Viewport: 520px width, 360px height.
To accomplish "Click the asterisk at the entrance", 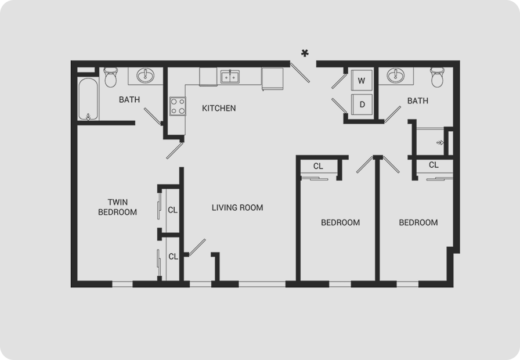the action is (305, 53).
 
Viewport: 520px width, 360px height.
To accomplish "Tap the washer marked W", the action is (362, 80).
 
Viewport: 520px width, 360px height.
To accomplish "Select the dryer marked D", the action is (362, 104).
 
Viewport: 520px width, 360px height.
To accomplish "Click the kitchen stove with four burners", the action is (178, 106).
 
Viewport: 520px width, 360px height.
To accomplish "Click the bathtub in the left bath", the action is (88, 99).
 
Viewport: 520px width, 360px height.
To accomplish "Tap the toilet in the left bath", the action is (110, 77).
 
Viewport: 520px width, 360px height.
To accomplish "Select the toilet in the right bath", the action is (438, 77).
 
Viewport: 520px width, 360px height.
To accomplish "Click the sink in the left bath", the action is (145, 75).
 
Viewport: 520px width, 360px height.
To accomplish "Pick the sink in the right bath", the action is (396, 75).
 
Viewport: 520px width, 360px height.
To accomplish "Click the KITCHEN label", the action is (219, 108).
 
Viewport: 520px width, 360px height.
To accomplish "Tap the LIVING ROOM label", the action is (237, 208).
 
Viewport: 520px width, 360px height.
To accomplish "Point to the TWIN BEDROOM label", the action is (117, 207).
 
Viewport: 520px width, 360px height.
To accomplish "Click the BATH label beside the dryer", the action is (417, 100).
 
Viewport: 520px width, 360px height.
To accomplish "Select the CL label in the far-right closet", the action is (434, 165).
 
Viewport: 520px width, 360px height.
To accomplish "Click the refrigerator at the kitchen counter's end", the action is (272, 78).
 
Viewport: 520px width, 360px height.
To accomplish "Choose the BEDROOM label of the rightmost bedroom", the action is (418, 222).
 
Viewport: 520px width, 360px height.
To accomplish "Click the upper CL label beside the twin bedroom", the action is (172, 210).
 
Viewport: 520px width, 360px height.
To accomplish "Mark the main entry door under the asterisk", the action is (300, 72).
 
